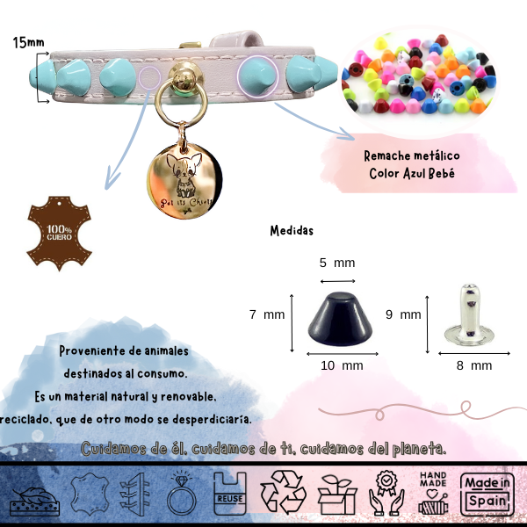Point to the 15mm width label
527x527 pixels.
click(29, 41)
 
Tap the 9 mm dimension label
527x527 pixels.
click(404, 314)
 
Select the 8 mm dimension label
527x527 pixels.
click(475, 365)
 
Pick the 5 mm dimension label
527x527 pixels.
click(336, 263)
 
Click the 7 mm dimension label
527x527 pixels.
click(268, 314)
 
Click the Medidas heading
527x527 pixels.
click(291, 232)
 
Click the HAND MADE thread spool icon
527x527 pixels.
click(437, 495)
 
